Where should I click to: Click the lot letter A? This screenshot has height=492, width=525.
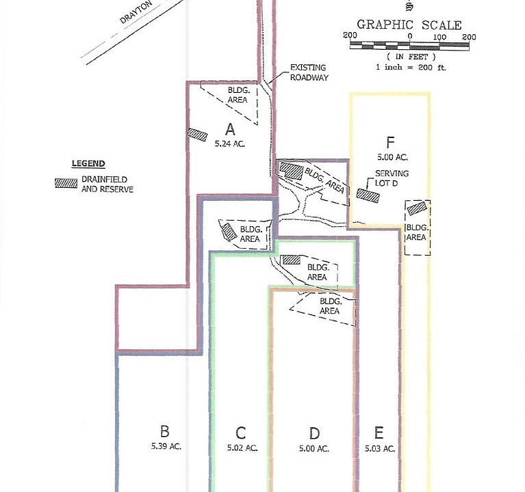(230, 129)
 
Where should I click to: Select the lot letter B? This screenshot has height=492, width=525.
(165, 431)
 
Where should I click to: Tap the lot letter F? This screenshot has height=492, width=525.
(390, 143)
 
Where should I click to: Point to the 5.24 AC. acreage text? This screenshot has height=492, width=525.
(230, 143)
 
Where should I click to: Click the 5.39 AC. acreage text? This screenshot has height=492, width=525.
(166, 446)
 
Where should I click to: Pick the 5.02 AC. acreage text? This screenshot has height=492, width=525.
(242, 448)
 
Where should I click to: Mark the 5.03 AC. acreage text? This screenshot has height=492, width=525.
(380, 448)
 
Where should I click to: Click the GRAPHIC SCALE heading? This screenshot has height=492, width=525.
(409, 25)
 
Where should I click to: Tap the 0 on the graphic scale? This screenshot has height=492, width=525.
(410, 36)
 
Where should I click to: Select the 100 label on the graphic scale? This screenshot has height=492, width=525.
(439, 37)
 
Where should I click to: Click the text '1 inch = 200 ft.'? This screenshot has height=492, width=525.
(411, 67)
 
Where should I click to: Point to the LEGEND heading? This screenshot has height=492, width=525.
(88, 164)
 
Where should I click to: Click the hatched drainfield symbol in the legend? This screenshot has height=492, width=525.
(66, 183)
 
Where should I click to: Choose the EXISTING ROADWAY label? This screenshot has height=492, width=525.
(309, 72)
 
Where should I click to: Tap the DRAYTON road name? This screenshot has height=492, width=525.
(136, 12)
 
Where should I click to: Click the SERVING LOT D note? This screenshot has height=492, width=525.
(392, 178)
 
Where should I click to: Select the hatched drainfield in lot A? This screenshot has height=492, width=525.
(197, 135)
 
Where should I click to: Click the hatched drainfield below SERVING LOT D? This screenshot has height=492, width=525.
(368, 196)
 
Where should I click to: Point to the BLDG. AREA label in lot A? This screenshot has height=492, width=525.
(238, 95)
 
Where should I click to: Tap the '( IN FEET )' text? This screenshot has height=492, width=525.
(411, 57)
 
